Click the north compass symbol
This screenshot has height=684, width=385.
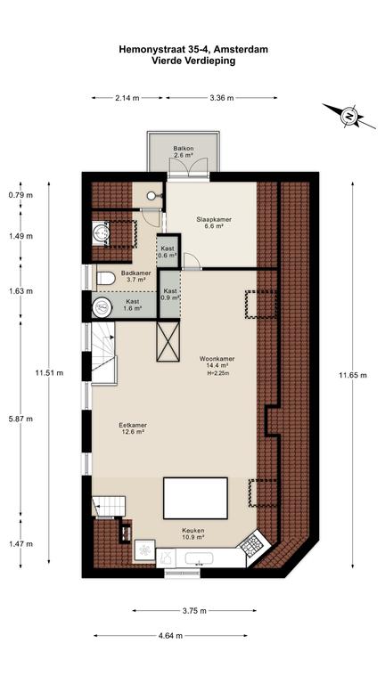(349, 116)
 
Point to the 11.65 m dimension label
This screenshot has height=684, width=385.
(353, 375)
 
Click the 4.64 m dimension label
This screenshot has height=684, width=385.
(170, 636)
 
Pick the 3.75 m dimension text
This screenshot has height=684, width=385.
(194, 611)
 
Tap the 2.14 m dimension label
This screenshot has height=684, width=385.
(127, 98)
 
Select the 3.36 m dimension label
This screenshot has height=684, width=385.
(221, 98)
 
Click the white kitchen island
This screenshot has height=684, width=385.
(195, 498)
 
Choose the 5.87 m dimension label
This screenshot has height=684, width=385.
(20, 419)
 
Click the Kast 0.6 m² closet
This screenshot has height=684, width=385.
(168, 252)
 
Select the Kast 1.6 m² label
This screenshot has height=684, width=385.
(132, 305)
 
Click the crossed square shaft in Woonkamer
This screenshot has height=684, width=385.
(168, 341)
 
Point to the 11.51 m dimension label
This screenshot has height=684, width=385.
(49, 373)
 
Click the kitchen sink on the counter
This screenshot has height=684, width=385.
(199, 558)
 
